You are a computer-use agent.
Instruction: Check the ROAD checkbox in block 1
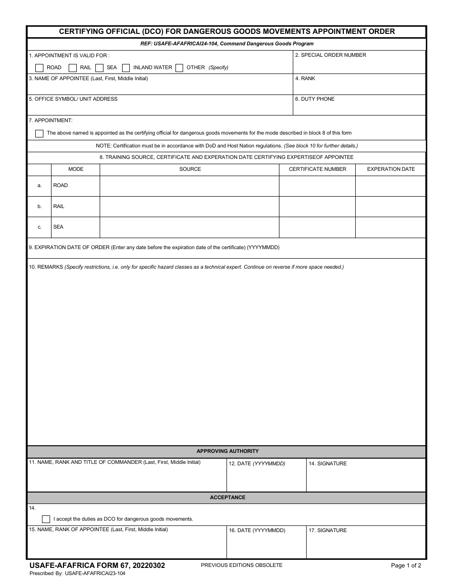[x=40, y=68]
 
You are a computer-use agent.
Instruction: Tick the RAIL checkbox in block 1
[x=72, y=68]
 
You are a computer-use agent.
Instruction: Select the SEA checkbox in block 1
[x=100, y=68]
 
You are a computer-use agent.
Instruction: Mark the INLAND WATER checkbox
[x=126, y=68]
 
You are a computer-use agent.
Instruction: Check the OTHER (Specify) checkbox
[x=179, y=68]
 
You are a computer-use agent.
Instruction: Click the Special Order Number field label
[x=330, y=55]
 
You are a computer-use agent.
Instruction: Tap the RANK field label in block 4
[x=305, y=78]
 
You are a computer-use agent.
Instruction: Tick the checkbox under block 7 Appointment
[x=40, y=134]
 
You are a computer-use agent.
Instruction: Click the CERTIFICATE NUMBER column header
[x=318, y=169]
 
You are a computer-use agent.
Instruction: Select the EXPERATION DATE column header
[x=391, y=169]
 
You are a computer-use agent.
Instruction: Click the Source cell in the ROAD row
[x=189, y=186]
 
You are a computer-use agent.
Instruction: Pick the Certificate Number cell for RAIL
[x=317, y=207]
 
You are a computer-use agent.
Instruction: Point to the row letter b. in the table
[x=40, y=207]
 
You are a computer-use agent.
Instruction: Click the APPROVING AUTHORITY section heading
[x=227, y=451]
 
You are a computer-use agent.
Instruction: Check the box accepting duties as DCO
[x=46, y=519]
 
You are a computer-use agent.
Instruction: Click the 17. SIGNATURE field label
[x=328, y=531]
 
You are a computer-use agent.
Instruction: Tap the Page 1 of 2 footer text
[x=406, y=566]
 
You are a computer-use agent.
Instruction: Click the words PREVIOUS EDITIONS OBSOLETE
[x=241, y=565]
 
